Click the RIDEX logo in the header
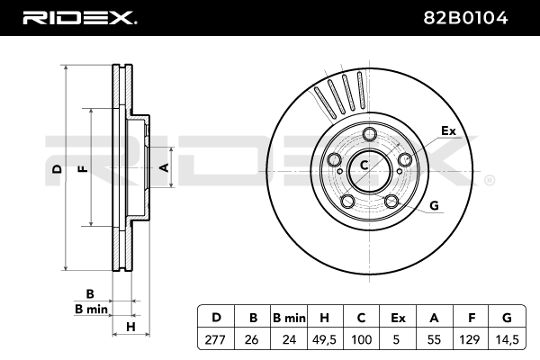tap(78, 17)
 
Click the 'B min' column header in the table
tap(289, 317)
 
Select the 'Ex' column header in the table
tap(398, 317)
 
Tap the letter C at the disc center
tap(364, 164)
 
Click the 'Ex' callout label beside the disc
tap(448, 131)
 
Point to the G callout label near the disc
tap(433, 206)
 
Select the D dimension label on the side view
tap(56, 169)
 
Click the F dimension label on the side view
tap(82, 169)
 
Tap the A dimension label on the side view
tap(164, 167)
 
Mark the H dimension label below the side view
tap(130, 326)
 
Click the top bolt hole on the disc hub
tap(368, 136)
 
